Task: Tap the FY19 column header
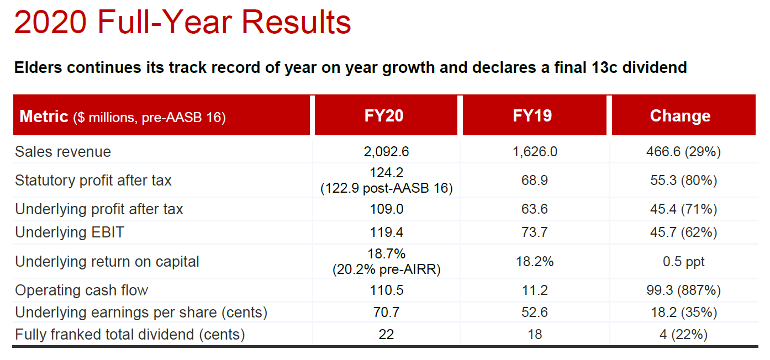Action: (532, 116)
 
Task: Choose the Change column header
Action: (680, 116)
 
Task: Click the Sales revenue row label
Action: (63, 152)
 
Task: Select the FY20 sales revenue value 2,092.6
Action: (386, 152)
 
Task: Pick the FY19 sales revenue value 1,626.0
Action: (535, 152)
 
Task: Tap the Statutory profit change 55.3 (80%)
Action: (683, 181)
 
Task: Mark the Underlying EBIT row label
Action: (70, 232)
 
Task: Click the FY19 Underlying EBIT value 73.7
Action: (535, 232)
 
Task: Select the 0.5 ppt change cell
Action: (683, 262)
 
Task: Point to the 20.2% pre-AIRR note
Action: (386, 270)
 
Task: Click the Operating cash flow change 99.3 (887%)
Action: (683, 290)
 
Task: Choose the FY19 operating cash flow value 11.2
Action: (535, 290)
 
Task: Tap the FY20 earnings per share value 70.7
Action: (386, 313)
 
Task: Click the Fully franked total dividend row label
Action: (130, 335)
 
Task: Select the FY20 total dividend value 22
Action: (386, 335)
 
